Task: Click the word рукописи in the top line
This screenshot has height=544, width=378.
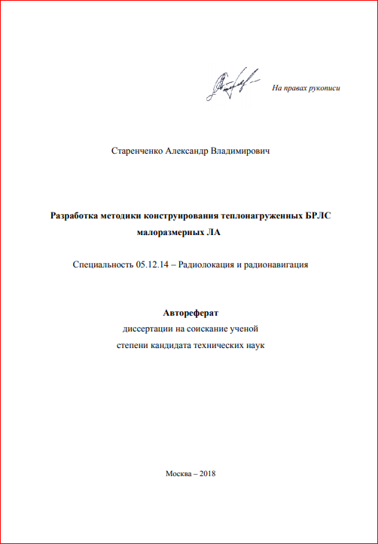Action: (x=325, y=89)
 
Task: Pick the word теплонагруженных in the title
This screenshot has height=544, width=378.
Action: (x=261, y=215)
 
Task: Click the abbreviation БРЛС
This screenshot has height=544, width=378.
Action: (x=317, y=215)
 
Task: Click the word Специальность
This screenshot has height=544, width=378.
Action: (x=103, y=265)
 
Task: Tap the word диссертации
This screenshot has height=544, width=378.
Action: (x=148, y=329)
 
